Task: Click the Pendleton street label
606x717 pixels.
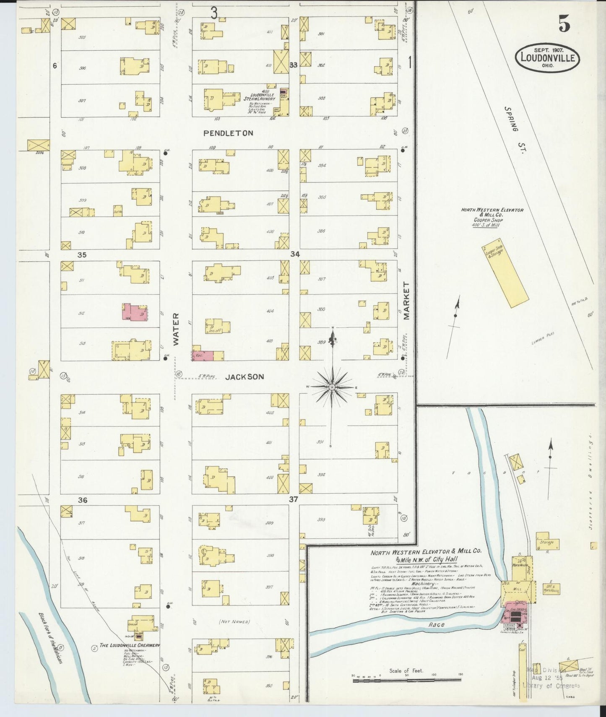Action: coord(228,133)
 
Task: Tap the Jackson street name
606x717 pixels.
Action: coord(244,377)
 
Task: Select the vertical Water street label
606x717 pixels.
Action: coord(176,329)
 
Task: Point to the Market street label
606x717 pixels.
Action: coord(406,301)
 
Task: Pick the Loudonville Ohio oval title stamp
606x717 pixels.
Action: coord(547,58)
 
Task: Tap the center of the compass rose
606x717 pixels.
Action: coord(332,387)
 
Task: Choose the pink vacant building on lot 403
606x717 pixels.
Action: coord(203,356)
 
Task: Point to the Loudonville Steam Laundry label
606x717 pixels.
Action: coord(260,97)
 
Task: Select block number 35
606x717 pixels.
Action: coord(82,255)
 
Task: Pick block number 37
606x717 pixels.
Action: coord(293,499)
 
